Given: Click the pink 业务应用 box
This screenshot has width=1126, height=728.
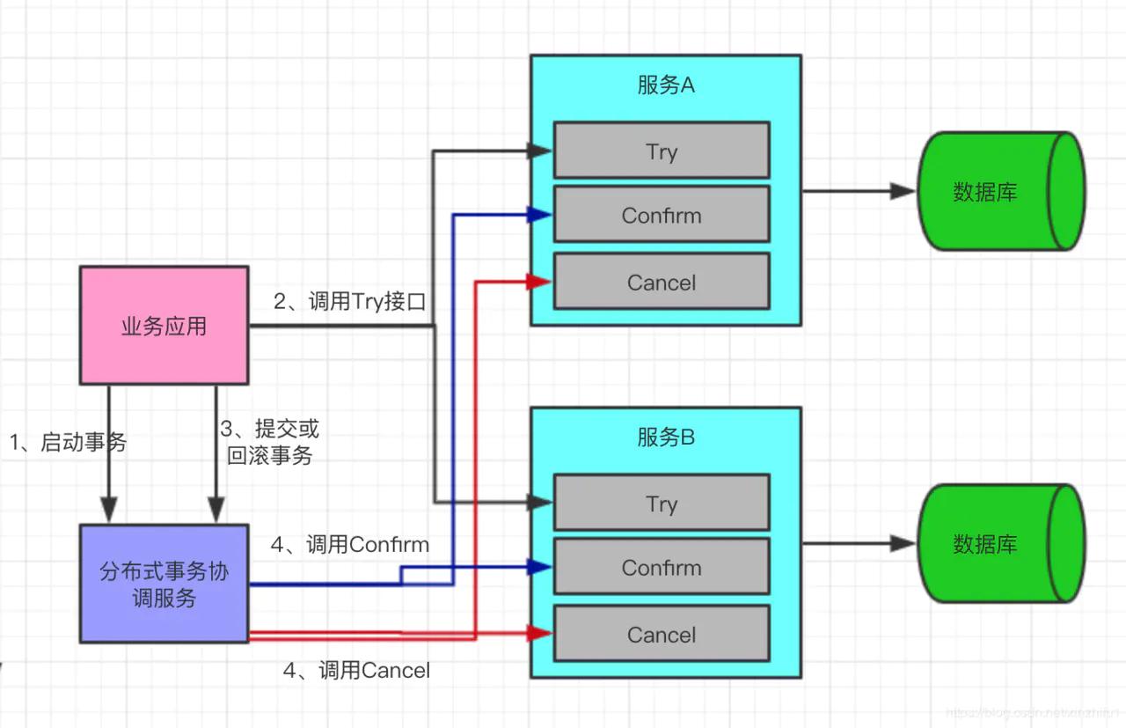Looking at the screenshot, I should tap(164, 326).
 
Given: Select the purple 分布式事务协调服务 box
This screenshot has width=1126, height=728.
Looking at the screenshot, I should tap(164, 584).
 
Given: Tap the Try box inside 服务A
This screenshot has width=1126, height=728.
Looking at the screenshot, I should tap(661, 151).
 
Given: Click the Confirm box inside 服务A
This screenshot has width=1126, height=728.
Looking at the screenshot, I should tap(661, 215).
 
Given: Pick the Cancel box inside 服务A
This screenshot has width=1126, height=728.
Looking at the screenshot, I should tap(661, 282).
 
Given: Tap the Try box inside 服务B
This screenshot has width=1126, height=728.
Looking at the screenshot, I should tap(661, 503).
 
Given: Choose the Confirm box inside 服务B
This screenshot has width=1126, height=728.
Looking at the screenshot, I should tap(661, 568).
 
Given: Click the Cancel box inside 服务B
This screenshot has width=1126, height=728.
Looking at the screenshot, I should tap(661, 634).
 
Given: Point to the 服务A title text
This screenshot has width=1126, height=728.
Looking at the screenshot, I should tap(665, 85).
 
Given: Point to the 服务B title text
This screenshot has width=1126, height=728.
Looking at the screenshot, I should tap(665, 438).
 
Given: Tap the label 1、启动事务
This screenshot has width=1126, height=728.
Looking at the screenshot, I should tap(68, 442).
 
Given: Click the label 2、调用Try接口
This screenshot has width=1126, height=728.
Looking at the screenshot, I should tap(349, 302).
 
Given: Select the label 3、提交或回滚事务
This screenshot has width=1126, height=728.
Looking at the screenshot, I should tap(269, 442).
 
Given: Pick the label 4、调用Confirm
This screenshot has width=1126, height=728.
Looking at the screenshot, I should tap(349, 545).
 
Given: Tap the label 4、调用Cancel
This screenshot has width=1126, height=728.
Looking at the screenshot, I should tap(356, 671).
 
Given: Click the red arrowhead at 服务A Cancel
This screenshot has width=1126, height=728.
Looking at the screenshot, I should tap(539, 282).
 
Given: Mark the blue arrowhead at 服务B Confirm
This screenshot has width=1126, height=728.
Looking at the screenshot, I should tap(539, 568).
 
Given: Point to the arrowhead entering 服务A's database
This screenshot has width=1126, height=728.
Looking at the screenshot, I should tap(903, 191).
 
